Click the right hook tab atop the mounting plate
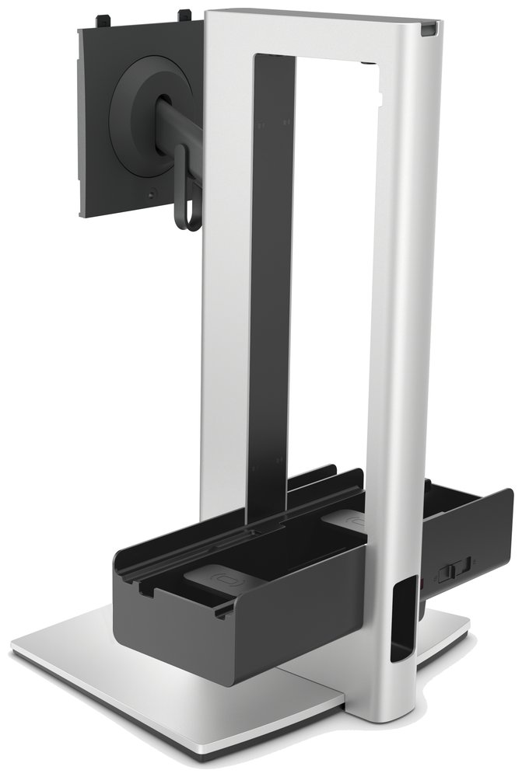click(x=185, y=14)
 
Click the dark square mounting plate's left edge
click(x=83, y=117)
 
